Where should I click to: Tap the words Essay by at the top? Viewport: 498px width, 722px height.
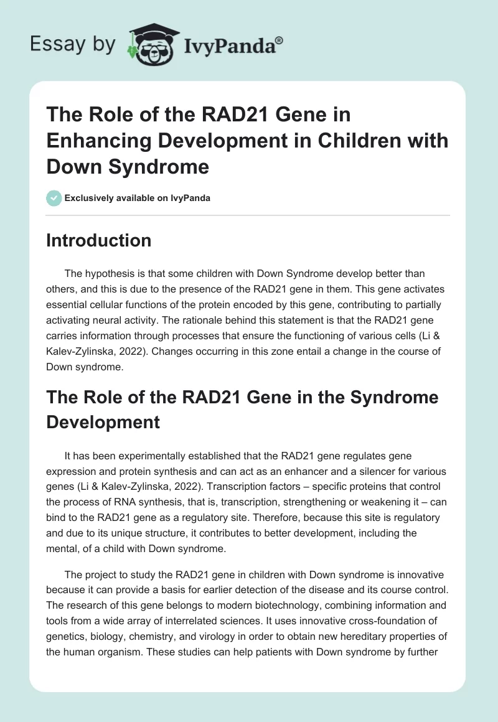(73, 45)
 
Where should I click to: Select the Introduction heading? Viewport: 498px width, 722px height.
(98, 241)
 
